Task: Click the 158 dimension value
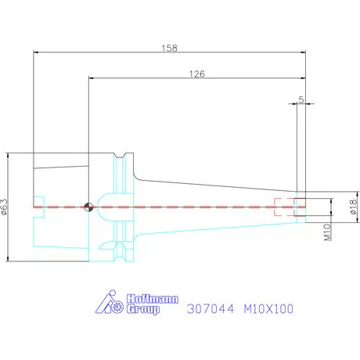[x=169, y=48]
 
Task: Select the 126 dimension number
[x=197, y=74]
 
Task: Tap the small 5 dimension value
[x=301, y=99]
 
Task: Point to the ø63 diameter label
[x=5, y=207]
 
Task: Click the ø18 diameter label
[x=353, y=207]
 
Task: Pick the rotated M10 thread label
[x=327, y=232]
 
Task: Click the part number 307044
[x=211, y=309]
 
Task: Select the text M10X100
[x=268, y=309]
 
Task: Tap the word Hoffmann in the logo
[x=153, y=299]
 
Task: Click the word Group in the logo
[x=143, y=309]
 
